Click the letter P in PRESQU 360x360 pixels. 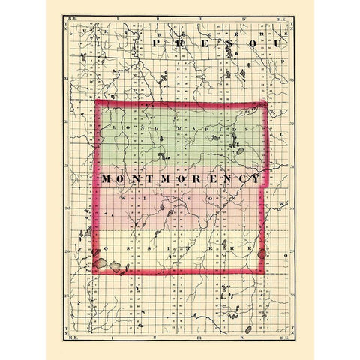tap(154, 45)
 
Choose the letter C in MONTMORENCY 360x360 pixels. tap(244, 181)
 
